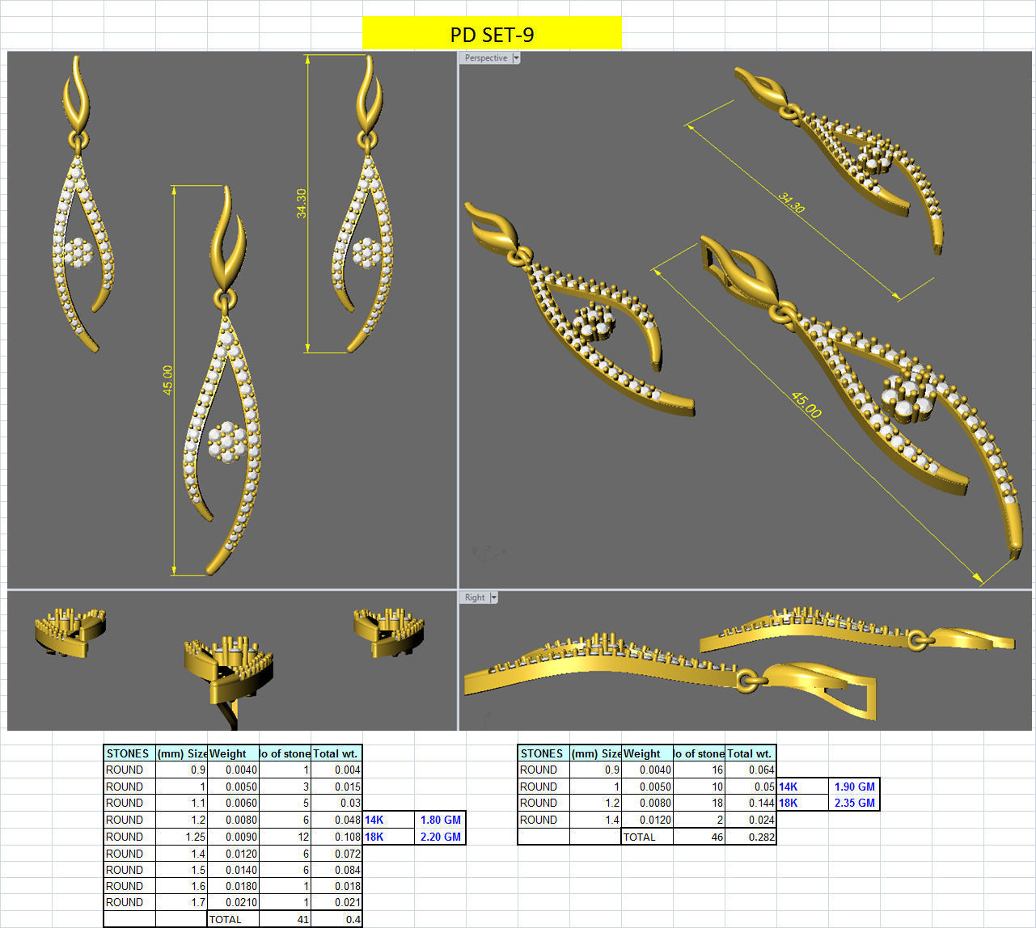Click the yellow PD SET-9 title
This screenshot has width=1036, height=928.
click(x=492, y=34)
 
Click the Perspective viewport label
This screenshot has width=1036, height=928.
click(x=485, y=58)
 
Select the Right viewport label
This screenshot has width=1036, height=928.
click(x=475, y=597)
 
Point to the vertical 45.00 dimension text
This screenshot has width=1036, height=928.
click(x=167, y=380)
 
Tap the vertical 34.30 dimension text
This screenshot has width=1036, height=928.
click(x=302, y=203)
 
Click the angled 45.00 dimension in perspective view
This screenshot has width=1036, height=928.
click(x=806, y=404)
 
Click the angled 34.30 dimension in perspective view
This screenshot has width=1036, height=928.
click(x=791, y=202)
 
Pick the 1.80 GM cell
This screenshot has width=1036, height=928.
click(x=440, y=820)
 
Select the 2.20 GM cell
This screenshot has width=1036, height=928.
click(x=440, y=837)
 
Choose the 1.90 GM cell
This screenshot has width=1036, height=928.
click(x=854, y=787)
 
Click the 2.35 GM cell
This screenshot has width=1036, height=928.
click(x=854, y=803)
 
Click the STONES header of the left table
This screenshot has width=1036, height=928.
click(x=128, y=753)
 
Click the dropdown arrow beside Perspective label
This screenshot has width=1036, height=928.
click(x=516, y=58)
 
